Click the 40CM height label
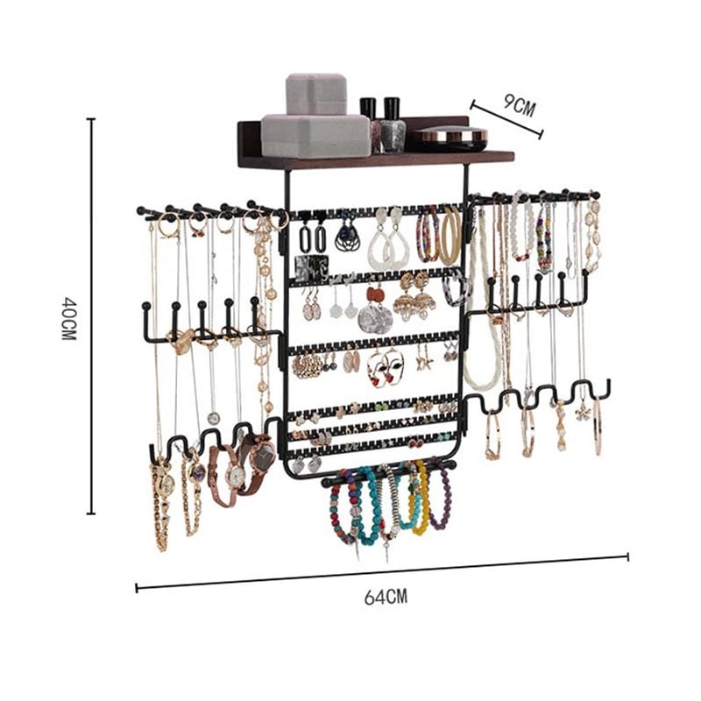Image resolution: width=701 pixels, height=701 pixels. [68, 318]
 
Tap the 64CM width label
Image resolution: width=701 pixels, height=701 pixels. [386, 597]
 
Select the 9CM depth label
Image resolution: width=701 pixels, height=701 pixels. [519, 105]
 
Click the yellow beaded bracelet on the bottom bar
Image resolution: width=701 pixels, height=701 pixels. [421, 499]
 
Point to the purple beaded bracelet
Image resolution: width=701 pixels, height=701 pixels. [441, 494]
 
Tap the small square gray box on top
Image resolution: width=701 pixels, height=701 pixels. [316, 95]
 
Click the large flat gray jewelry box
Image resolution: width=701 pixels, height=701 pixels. [315, 136]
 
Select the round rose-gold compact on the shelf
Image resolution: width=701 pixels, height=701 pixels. [450, 138]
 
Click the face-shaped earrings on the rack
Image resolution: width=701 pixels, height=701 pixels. [386, 367]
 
